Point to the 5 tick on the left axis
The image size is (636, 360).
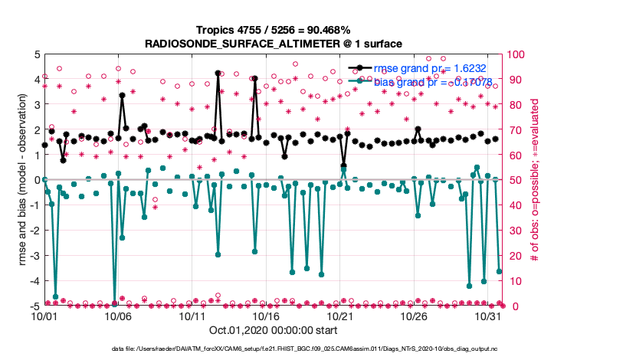click(35, 54)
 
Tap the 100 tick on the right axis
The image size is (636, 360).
click(515, 54)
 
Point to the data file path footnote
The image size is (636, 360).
click(317, 349)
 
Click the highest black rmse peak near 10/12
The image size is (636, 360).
click(218, 73)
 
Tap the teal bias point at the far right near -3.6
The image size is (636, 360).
click(499, 271)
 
